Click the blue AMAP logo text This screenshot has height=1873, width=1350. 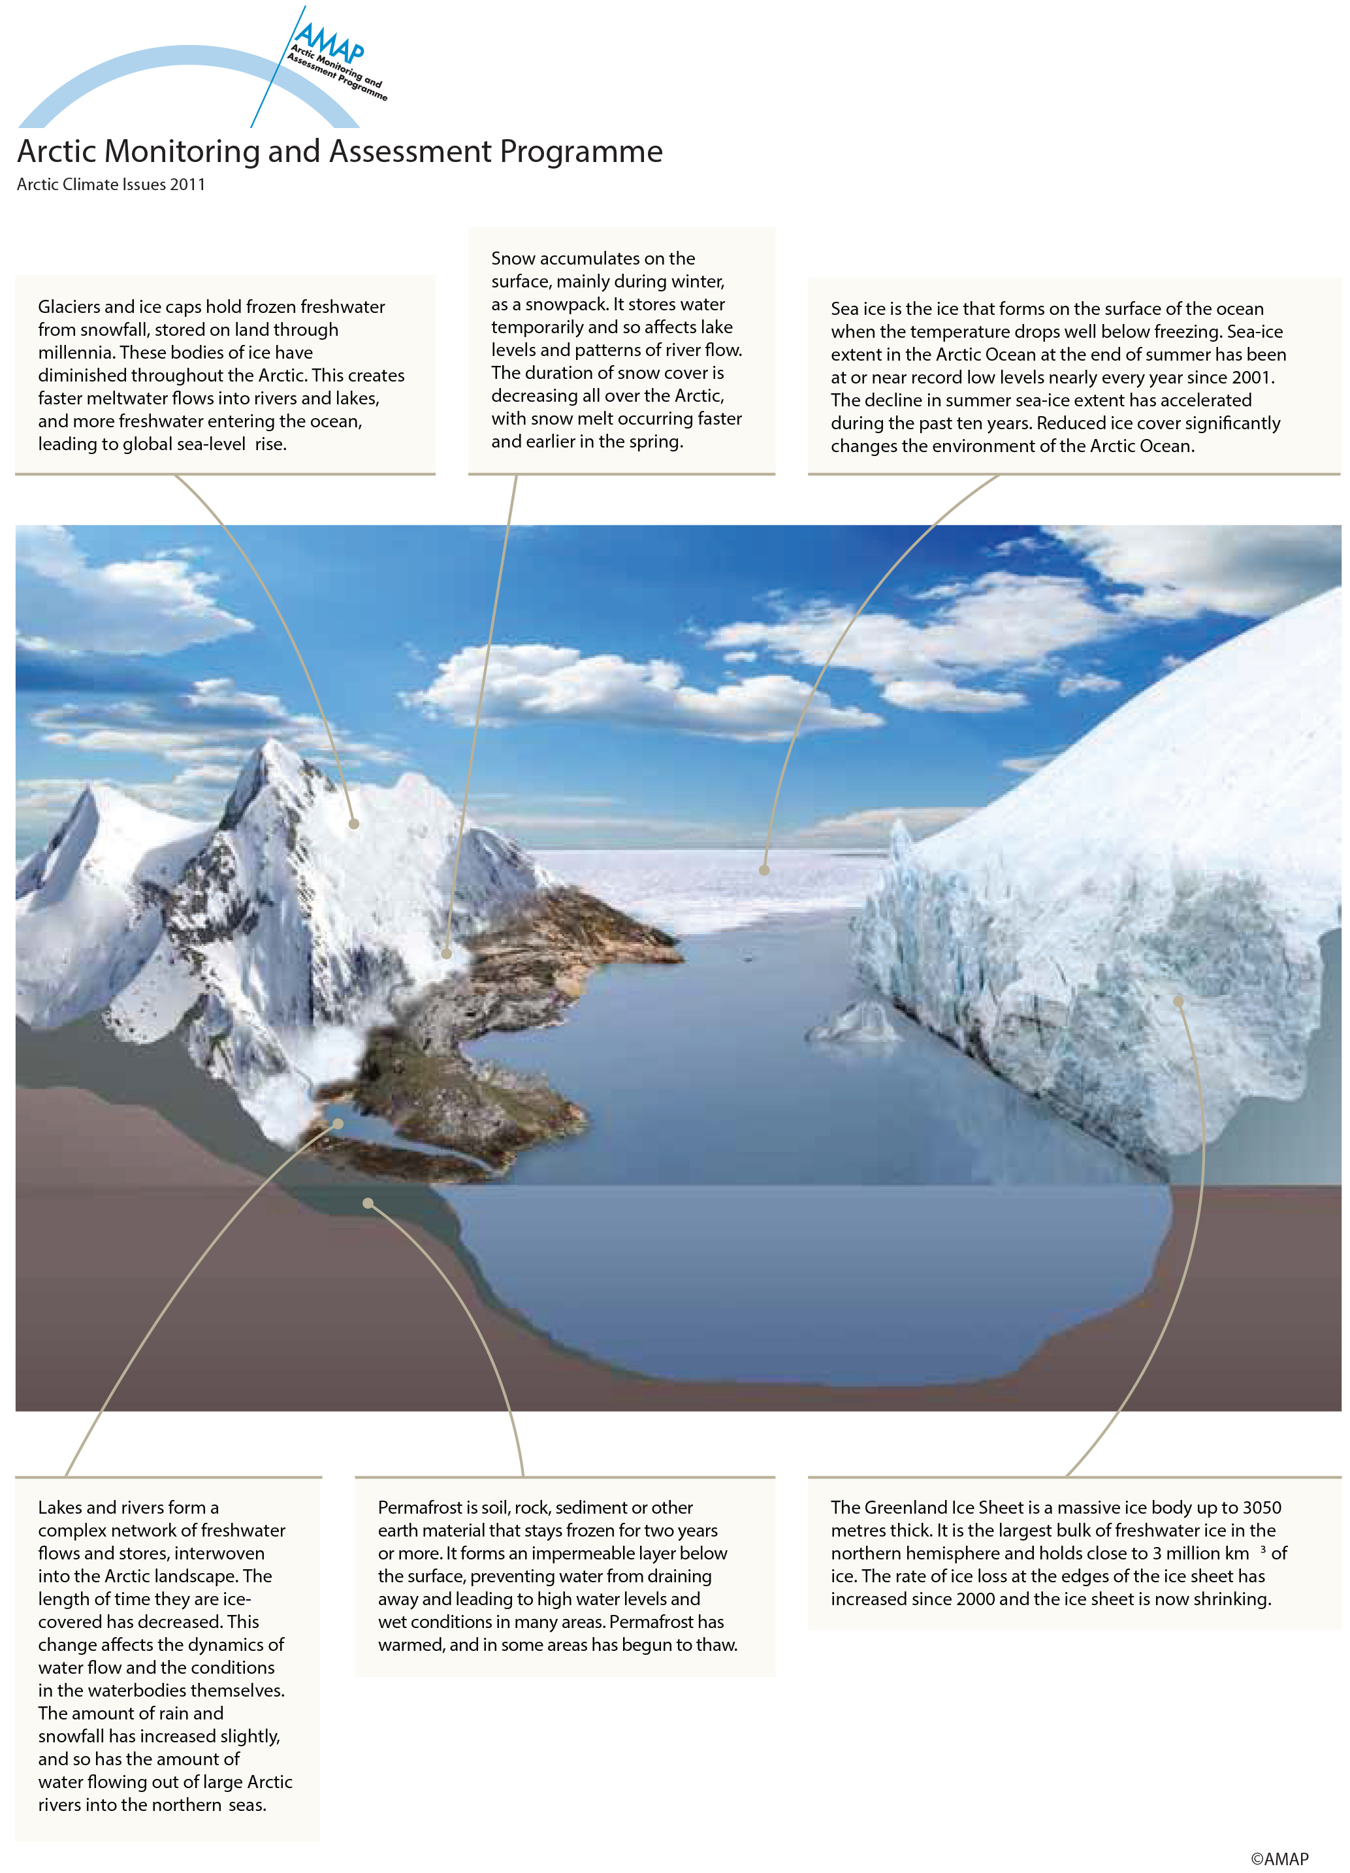[329, 41]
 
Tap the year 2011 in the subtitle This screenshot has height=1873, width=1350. [187, 185]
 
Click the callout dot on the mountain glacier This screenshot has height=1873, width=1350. [354, 823]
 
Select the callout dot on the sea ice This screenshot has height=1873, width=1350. [765, 870]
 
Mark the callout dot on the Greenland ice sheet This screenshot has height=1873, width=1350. [1179, 1001]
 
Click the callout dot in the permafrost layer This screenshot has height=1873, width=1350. [368, 1203]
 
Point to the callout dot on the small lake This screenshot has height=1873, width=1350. [338, 1124]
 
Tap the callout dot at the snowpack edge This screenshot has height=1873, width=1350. [447, 954]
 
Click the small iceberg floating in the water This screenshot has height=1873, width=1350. [859, 1022]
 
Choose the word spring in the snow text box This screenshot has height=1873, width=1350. [656, 442]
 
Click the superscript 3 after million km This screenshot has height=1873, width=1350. [1263, 1549]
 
